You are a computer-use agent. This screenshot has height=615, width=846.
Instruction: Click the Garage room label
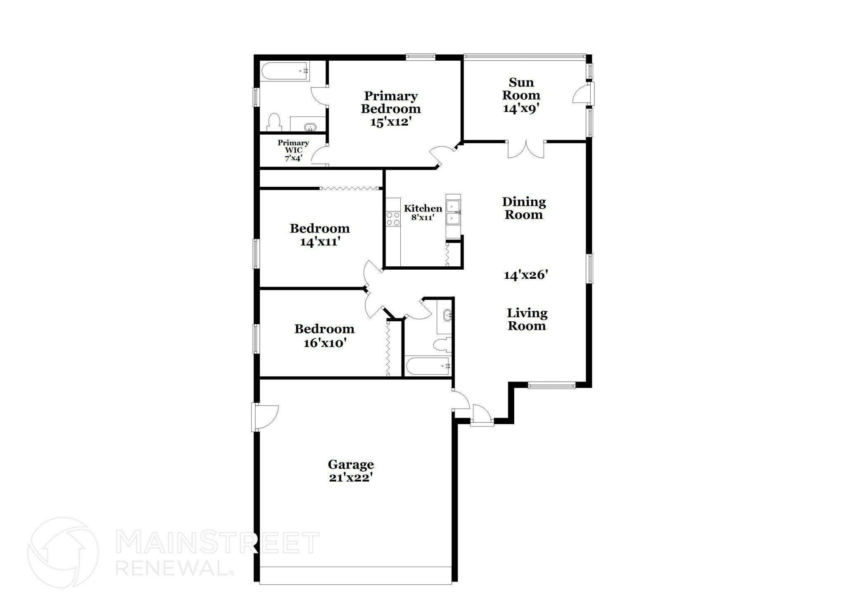tap(351, 465)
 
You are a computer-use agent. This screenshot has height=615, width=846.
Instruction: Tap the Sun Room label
tap(521, 89)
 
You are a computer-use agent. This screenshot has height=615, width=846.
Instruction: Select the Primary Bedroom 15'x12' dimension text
tap(391, 122)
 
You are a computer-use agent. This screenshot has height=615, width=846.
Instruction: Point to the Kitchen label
tap(423, 208)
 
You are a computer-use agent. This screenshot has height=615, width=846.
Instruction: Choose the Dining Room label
tap(524, 208)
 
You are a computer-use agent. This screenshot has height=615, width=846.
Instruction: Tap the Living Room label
tap(527, 319)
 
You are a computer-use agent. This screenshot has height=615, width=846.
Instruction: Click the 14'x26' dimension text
tap(526, 275)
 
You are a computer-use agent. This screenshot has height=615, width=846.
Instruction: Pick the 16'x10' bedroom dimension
tap(325, 343)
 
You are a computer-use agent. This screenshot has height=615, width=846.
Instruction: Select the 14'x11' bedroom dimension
tap(320, 242)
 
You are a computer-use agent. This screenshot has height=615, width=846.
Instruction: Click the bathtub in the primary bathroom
tap(285, 71)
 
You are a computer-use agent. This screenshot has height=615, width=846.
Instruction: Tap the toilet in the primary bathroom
tap(274, 123)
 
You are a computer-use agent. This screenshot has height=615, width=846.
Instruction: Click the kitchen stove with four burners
tap(393, 218)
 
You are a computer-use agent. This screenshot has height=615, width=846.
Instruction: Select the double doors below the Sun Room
tap(526, 149)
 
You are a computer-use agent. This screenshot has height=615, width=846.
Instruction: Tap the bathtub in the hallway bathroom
tap(428, 366)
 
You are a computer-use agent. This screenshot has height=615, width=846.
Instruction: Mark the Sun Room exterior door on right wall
tap(583, 94)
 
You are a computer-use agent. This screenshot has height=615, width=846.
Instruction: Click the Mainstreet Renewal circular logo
tap(63, 552)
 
